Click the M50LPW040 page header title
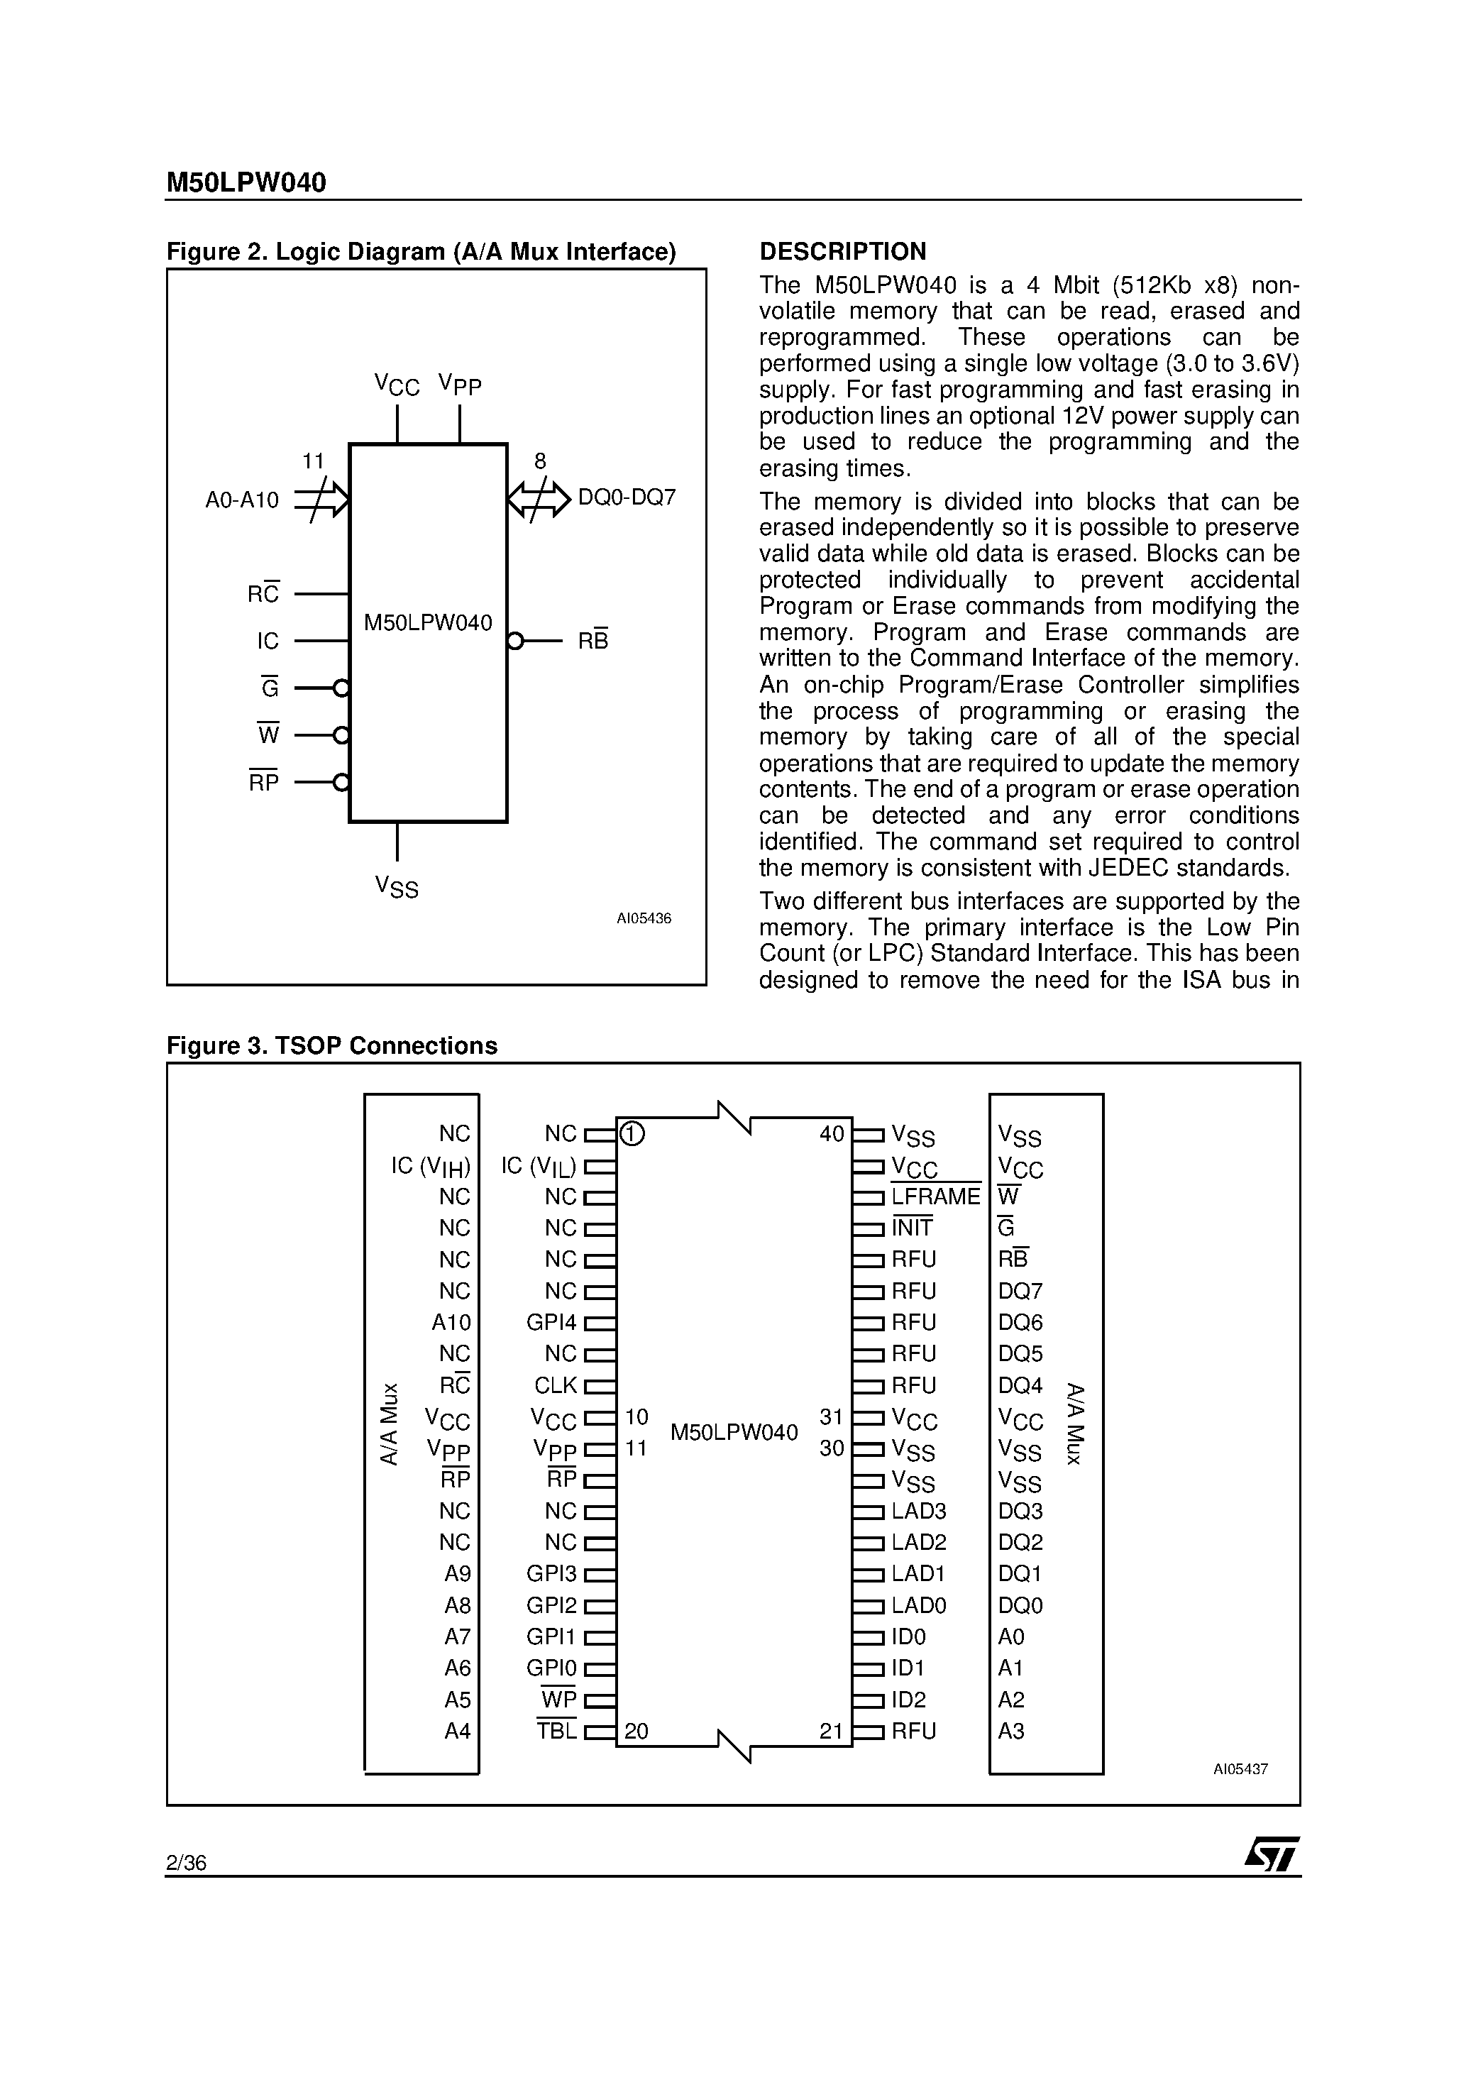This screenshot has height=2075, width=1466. pos(246,184)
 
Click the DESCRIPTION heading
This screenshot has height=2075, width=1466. pos(842,251)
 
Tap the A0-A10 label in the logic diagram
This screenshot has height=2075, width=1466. pos(241,500)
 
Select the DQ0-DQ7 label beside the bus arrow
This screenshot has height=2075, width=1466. pos(627,498)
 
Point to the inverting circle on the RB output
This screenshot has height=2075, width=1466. pos(515,642)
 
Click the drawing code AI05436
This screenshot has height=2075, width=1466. pos(644,918)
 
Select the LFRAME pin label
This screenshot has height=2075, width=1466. pos(935,1196)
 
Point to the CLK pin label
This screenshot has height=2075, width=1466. pos(555,1385)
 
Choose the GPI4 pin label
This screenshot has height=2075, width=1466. pos(551,1322)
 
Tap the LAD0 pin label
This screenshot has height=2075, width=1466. pos(918,1605)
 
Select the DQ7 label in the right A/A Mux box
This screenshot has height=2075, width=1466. pos(1020,1292)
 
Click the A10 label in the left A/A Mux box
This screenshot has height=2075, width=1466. pos(451,1322)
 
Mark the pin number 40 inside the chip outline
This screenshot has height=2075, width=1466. pos(831,1133)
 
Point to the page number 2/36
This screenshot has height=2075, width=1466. pos(186,1861)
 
